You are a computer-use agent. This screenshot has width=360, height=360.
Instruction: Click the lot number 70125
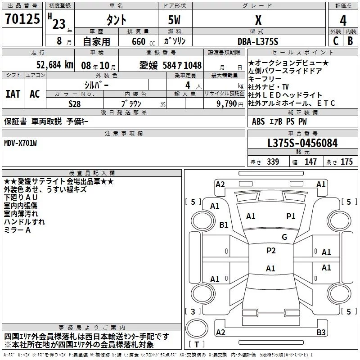coord(22,18)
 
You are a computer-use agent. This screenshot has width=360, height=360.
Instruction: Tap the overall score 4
coord(343,21)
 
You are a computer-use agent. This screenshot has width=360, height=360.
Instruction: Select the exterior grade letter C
coord(336,41)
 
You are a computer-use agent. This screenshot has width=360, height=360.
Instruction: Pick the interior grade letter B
coord(350,41)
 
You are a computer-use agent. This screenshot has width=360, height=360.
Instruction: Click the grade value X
coord(258,20)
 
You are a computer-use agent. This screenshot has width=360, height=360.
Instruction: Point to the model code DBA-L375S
coord(258,41)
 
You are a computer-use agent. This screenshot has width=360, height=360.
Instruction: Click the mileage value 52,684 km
coord(55,65)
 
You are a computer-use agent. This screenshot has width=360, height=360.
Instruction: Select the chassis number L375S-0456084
coord(302,143)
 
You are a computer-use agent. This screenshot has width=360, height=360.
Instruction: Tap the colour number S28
coord(75,104)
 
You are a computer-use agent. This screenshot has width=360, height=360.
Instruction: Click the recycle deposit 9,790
coord(227,104)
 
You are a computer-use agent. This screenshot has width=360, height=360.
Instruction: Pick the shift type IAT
coord(13,94)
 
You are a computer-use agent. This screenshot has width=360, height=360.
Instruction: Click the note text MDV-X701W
coord(20,143)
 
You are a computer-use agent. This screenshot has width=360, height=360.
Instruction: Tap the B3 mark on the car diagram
coord(321,332)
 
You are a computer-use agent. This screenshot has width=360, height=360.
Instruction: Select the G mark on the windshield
coord(284,237)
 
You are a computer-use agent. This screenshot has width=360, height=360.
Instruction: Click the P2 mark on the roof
coord(271,251)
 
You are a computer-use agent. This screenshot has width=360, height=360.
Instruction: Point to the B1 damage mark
coord(224,225)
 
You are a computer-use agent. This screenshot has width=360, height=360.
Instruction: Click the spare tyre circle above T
coord(197,329)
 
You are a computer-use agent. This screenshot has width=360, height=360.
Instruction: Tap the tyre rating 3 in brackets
coord(193,311)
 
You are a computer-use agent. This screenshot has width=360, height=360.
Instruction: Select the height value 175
coord(346,162)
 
